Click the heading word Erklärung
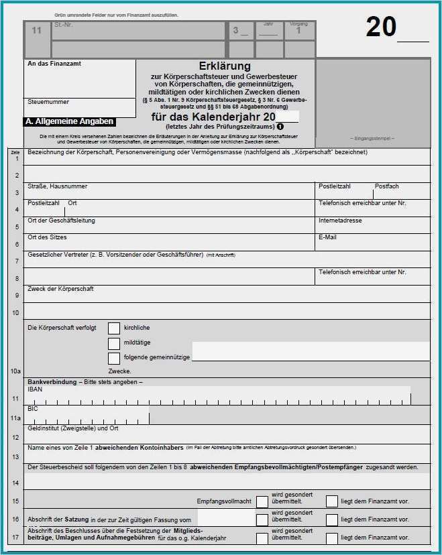225,66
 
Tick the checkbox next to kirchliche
114,328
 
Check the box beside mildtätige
114,343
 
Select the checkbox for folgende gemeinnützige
114,358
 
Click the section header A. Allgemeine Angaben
70,122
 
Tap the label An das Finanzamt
54,64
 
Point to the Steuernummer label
48,102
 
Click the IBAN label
34,389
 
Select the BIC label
33,408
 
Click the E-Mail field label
327,237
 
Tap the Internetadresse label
340,221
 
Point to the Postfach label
386,186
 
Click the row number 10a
15,371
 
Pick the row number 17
15,536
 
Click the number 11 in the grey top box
37,31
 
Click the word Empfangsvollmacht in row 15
224,501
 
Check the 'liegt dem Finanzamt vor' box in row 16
332,519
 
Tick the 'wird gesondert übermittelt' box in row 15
262,501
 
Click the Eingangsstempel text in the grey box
372,138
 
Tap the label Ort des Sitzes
47,237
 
